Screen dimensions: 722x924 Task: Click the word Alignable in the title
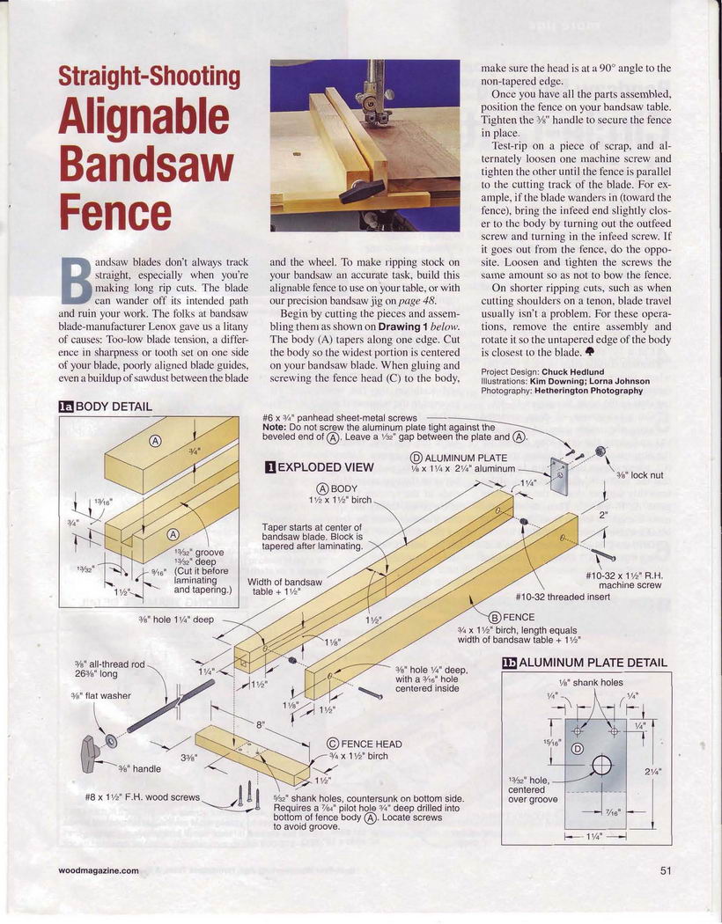(x=144, y=116)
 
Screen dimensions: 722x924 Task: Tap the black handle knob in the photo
(x=361, y=191)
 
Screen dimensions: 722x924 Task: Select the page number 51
(x=665, y=869)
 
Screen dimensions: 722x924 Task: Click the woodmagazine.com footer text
(x=99, y=870)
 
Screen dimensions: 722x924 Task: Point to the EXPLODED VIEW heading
(x=320, y=467)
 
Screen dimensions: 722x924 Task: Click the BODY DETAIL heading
(x=106, y=407)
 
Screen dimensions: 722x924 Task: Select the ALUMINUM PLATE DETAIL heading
(x=586, y=663)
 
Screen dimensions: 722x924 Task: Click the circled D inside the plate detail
(x=578, y=749)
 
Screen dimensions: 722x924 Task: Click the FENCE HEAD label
(x=365, y=744)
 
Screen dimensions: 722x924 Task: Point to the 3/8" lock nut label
(x=639, y=475)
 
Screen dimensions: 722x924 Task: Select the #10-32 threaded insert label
(x=563, y=597)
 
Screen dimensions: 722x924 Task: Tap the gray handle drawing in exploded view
(x=90, y=753)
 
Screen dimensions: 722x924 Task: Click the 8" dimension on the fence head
(x=260, y=725)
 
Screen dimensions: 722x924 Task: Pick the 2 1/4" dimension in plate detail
(x=653, y=771)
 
